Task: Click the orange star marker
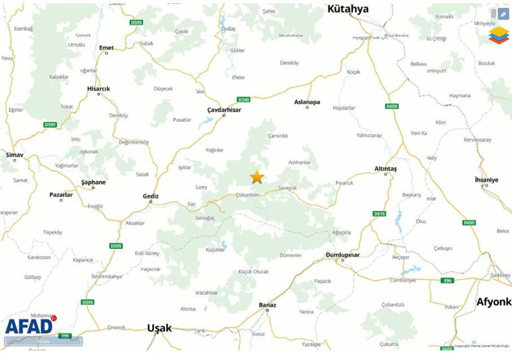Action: click(257, 177)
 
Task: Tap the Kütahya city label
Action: click(348, 9)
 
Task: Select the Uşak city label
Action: click(159, 328)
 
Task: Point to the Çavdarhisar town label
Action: click(224, 108)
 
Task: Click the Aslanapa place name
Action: click(307, 102)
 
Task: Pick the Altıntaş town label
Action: click(386, 168)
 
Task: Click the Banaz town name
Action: click(267, 305)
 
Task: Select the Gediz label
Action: click(151, 196)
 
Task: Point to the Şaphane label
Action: click(93, 182)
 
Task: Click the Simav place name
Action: click(14, 154)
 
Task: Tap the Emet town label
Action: click(106, 47)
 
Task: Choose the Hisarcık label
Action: click(98, 89)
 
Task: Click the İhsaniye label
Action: click(486, 180)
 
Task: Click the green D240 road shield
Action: click(243, 99)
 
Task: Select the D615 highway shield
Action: click(379, 214)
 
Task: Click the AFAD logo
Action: click(30, 325)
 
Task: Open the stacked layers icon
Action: click(499, 35)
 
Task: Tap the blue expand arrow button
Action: click(503, 14)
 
